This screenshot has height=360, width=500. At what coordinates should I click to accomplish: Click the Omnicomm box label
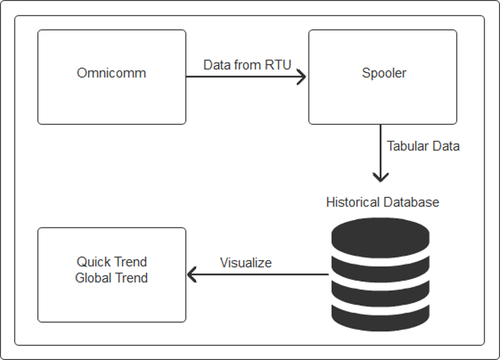coord(111,73)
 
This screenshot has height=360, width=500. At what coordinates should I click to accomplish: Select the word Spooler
coord(384,73)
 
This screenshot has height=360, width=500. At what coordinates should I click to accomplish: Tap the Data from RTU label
coord(247,65)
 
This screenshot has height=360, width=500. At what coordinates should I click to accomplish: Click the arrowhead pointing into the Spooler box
coord(302,77)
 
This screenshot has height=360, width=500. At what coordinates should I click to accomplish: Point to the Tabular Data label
coord(423,146)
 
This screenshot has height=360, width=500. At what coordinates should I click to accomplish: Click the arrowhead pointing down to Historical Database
coord(380,177)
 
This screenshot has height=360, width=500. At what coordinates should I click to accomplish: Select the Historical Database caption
coord(382,202)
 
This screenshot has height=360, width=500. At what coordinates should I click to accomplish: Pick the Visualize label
coord(246,263)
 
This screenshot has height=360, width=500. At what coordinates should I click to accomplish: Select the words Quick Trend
coord(111,262)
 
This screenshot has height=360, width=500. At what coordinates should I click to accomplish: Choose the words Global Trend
coord(111,278)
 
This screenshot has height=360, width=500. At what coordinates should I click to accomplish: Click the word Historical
coord(353,202)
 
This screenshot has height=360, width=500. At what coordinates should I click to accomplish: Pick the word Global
coord(93,278)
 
